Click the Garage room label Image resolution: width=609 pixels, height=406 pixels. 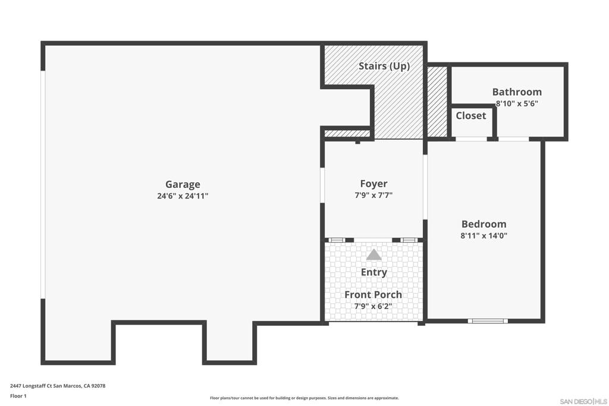pos(183,184)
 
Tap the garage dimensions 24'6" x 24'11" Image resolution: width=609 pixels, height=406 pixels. pos(183,196)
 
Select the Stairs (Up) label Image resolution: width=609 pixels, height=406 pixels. pos(384,66)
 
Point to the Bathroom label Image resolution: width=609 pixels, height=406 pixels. pos(517,92)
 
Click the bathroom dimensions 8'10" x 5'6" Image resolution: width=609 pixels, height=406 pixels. pos(517,103)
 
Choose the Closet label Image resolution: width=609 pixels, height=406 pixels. pos(471,116)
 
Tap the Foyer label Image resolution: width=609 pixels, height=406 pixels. pos(373,184)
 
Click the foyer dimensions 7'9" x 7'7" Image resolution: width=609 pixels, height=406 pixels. pos(373,195)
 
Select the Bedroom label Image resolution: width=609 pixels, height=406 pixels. pos(484,224)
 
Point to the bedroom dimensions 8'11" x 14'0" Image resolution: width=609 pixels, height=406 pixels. pos(484,235)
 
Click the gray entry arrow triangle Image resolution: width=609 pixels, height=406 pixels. pos(373,255)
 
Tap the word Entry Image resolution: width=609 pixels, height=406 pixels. pos(374,272)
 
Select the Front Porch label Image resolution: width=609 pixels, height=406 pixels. pos(373,295)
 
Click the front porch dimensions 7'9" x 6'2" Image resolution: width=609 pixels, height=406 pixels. pos(373,306)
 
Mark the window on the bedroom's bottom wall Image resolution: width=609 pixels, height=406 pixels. pos(488,321)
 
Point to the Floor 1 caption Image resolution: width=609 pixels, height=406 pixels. pos(18,396)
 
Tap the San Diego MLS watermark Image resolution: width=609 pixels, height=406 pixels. pos(583,401)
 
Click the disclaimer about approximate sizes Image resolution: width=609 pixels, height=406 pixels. pos(304,398)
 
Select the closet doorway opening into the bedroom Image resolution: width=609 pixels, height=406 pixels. pos(471,139)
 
